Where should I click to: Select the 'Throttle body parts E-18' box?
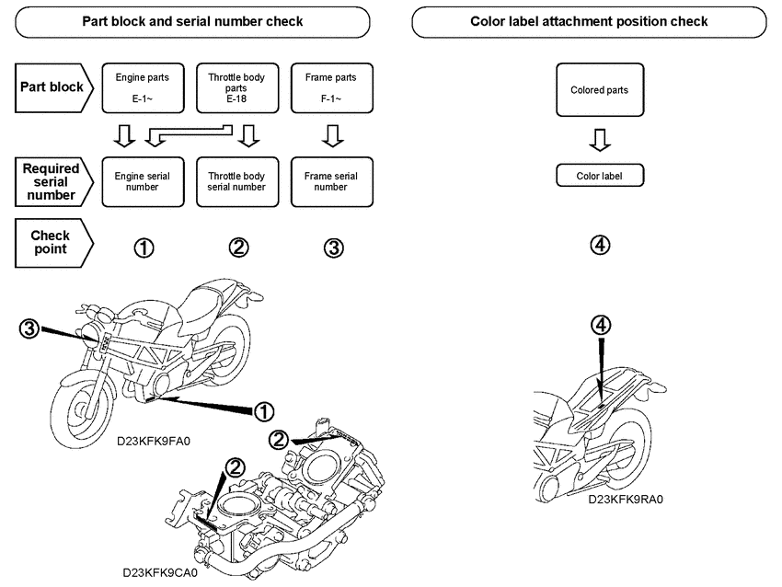pos(237,86)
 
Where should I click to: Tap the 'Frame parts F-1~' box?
pos(331,86)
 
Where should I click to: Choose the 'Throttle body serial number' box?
pos(237,181)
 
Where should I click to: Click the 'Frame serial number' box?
pos(331,181)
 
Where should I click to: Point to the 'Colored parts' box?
pos(599,90)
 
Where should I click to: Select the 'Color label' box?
pos(599,175)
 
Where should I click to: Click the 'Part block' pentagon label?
pos(53,87)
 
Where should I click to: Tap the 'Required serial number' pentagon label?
pos(53,181)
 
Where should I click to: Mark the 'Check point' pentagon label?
pos(53,242)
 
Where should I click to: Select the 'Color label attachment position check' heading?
pos(589,21)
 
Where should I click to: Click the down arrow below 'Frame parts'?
pos(332,137)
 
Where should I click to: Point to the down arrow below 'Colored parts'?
pos(599,139)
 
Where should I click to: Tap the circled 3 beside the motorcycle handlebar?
pos(29,328)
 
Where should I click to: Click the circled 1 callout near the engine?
pos(265,409)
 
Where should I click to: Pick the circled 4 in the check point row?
pos(599,245)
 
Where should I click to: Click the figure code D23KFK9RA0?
pos(626,500)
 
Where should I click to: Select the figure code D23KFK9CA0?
pos(160,571)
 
